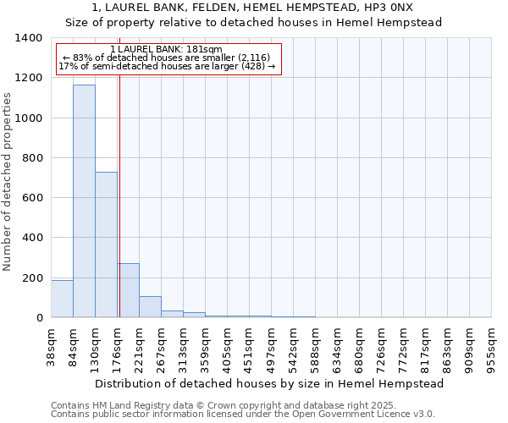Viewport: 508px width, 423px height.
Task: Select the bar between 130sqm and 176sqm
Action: click(106, 244)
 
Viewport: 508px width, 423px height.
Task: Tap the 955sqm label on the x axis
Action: click(492, 349)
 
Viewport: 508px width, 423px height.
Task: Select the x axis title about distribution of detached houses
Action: click(271, 383)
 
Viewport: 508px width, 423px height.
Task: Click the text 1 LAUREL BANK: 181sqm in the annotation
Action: click(167, 49)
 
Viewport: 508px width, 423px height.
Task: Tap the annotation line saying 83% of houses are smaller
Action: click(167, 58)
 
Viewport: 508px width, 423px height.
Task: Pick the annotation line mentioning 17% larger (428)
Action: click(167, 66)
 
